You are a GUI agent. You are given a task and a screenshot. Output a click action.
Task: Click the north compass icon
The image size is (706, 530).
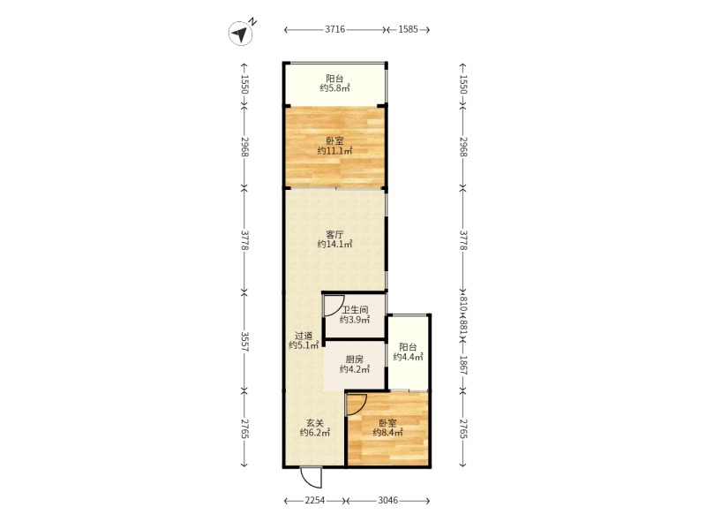click(x=240, y=34)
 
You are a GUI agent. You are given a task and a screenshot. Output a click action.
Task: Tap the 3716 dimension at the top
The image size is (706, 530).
click(x=335, y=30)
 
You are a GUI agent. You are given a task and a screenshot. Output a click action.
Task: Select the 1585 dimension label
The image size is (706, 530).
click(x=408, y=30)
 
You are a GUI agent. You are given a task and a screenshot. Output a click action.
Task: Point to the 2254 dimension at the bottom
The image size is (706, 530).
click(x=315, y=500)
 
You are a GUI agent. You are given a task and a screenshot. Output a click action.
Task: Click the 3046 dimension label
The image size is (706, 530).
click(x=388, y=500)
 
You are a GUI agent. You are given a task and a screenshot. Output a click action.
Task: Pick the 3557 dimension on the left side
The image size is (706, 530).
click(x=244, y=342)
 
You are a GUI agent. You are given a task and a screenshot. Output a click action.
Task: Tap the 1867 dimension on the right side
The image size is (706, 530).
click(x=463, y=364)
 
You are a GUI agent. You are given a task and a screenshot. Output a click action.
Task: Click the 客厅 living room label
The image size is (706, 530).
click(x=335, y=234)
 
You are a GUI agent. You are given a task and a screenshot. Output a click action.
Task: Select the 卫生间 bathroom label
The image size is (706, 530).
click(x=355, y=310)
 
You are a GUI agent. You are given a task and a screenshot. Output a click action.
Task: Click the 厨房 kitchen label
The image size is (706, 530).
click(x=355, y=360)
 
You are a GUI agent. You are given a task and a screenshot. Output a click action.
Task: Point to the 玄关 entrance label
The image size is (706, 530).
click(x=315, y=423)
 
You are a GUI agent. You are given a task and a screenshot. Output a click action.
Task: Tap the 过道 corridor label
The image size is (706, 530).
click(x=304, y=336)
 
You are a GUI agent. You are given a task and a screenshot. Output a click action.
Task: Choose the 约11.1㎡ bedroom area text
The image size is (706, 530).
click(x=334, y=151)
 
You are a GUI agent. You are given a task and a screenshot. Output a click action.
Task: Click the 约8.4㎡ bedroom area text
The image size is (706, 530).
click(x=387, y=433)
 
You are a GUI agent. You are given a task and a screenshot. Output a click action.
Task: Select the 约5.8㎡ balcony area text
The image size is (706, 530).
click(x=335, y=88)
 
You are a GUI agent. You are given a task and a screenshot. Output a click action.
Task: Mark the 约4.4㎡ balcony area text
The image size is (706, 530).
click(x=408, y=357)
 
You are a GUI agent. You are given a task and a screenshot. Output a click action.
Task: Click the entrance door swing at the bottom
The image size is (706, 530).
click(x=312, y=478)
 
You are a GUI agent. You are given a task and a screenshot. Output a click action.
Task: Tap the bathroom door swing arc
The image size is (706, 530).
click(x=334, y=304)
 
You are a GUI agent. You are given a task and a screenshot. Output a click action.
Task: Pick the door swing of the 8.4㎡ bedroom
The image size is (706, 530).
click(x=357, y=405)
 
